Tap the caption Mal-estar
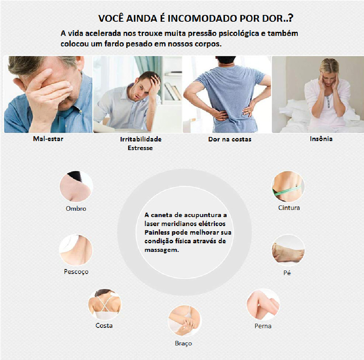point(48,139)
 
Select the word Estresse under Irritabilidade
point(140,148)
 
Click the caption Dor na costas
point(230,139)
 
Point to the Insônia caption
point(321,139)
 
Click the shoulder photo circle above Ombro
point(76,186)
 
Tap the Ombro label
point(76,208)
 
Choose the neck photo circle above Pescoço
point(76,250)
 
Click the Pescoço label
point(76,272)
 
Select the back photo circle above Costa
point(105,304)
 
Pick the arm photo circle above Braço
point(185,321)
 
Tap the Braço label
point(183,343)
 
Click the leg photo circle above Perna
point(263,305)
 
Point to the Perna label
point(263,326)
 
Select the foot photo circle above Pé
point(288,250)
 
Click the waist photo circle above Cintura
point(288,186)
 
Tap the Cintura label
point(289,208)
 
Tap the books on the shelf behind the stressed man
point(173,91)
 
